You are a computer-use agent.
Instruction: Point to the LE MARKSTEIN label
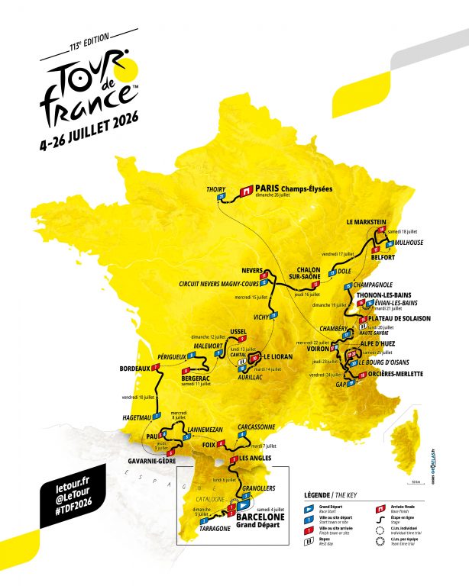[x=367, y=221]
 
